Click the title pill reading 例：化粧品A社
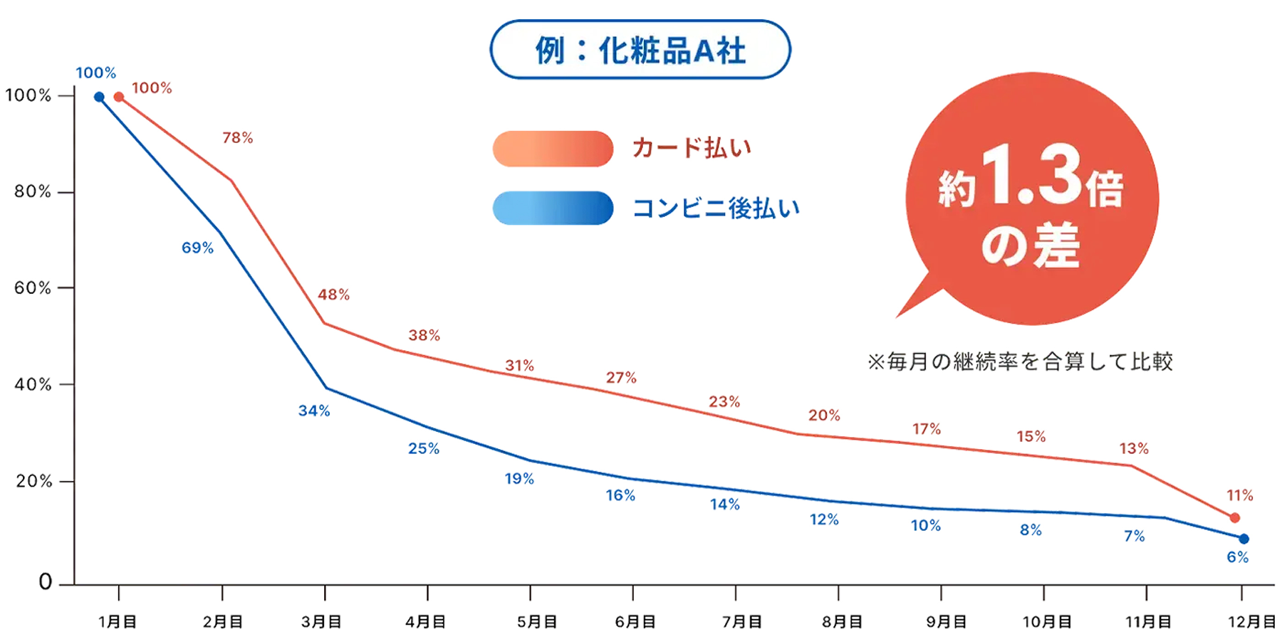click(x=640, y=50)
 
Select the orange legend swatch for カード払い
click(x=553, y=149)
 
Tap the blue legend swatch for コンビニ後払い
click(x=553, y=208)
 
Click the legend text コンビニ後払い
click(x=716, y=208)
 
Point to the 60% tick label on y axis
click(x=33, y=288)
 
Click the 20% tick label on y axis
click(x=33, y=482)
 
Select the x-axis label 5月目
click(x=536, y=622)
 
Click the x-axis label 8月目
click(x=842, y=622)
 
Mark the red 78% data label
click(x=238, y=138)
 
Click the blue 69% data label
click(x=197, y=248)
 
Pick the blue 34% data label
click(x=314, y=411)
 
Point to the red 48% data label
click(x=333, y=295)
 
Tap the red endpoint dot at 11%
click(x=1235, y=518)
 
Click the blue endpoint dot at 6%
click(x=1244, y=539)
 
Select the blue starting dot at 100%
click(x=99, y=97)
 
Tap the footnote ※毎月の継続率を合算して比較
click(x=1020, y=362)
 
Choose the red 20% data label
click(x=824, y=416)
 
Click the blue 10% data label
click(x=926, y=526)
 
